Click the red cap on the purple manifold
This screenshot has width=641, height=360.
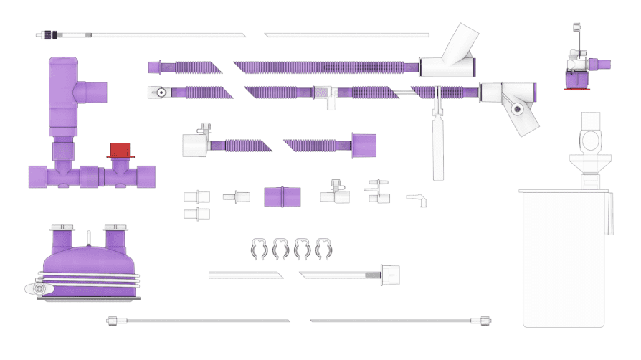[x=120, y=150]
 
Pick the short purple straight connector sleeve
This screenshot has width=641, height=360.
[x=282, y=196]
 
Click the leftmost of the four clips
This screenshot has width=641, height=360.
[x=259, y=248]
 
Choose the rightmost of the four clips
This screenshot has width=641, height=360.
[x=323, y=248]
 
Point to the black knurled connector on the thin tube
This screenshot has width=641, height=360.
[x=50, y=34]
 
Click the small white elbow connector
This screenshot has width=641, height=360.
[x=417, y=198]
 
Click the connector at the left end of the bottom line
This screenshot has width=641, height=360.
[x=113, y=321]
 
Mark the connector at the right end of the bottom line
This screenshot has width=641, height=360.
[x=485, y=320]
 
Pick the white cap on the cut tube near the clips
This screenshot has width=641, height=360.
[x=391, y=274]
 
